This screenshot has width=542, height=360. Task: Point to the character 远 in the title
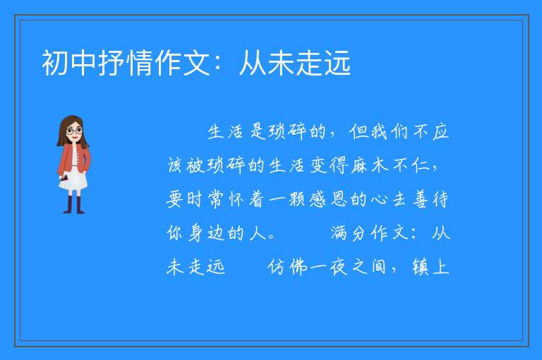click(337, 63)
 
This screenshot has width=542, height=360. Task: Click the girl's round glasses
click(75, 131)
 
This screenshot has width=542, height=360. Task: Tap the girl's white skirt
click(74, 180)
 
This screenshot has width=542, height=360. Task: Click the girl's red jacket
click(74, 158)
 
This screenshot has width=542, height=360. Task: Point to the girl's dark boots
click(74, 205)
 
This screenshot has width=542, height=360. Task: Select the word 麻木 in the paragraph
click(369, 165)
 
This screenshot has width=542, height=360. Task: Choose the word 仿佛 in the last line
click(287, 267)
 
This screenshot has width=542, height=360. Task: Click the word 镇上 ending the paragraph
click(430, 267)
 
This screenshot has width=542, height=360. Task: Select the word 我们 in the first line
click(390, 132)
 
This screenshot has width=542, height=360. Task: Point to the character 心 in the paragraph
click(380, 200)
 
